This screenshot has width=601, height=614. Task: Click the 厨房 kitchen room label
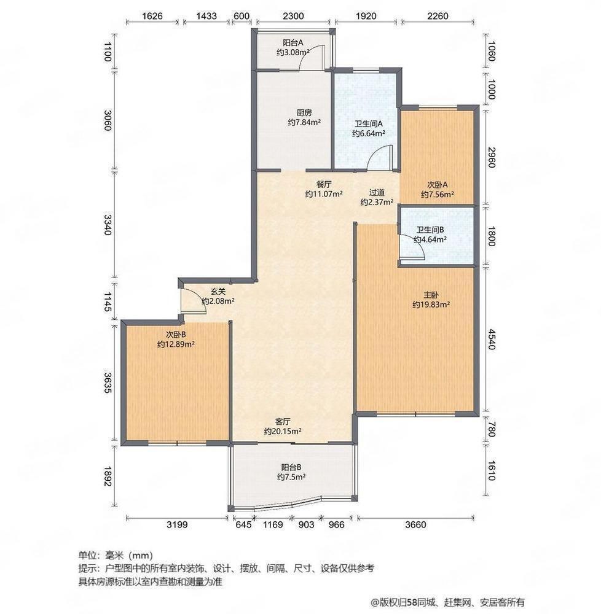(x=304, y=113)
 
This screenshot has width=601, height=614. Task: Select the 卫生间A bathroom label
(x=369, y=124)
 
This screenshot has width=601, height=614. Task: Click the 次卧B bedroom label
(x=176, y=335)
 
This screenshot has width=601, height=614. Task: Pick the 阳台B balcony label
(x=291, y=467)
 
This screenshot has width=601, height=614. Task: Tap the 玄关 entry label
(x=218, y=292)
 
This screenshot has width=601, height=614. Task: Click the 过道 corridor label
(x=377, y=193)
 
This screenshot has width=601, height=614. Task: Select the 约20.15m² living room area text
(x=283, y=431)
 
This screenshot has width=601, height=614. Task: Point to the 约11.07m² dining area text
(x=324, y=193)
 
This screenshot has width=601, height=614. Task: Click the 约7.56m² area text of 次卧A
(x=438, y=194)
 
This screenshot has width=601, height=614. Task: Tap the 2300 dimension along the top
(x=293, y=16)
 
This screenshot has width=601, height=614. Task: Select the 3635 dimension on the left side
(x=109, y=383)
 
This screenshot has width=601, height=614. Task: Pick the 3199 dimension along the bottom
(x=177, y=524)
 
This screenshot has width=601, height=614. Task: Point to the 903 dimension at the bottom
(x=306, y=524)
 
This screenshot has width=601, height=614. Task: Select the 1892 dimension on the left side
(x=109, y=476)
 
